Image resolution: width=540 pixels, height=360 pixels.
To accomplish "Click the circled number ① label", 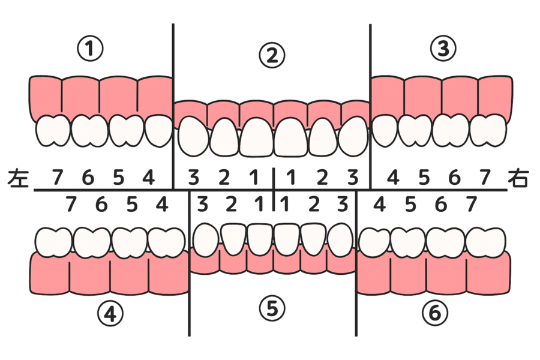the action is (x=90, y=49).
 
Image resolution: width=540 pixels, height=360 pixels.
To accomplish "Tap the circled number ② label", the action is (x=272, y=55).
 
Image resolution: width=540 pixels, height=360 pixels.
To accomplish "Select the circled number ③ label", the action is (x=443, y=48).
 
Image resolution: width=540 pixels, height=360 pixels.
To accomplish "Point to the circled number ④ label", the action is (x=110, y=314).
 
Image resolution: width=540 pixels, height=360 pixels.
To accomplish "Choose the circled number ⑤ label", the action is (x=272, y=308).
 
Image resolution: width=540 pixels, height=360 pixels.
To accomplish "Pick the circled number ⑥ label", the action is (x=435, y=313).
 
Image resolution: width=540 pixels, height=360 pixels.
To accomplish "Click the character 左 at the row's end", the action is (x=18, y=178).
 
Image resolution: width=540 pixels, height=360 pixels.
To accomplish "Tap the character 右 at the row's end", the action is (x=518, y=178).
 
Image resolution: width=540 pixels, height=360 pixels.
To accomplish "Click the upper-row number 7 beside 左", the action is (x=58, y=178).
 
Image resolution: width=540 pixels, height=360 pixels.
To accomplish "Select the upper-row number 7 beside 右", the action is (x=485, y=178).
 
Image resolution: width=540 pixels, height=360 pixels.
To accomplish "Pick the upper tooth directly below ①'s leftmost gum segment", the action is (x=53, y=131).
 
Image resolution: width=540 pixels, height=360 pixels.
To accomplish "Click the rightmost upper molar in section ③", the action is (x=488, y=131).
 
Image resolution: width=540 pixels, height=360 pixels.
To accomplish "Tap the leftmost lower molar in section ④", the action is (x=54, y=242).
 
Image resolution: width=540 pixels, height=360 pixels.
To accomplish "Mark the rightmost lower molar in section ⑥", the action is (x=485, y=242).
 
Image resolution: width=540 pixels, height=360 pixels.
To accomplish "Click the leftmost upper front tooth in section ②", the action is (x=193, y=136).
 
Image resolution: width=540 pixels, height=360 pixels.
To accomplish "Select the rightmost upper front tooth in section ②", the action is (x=353, y=136).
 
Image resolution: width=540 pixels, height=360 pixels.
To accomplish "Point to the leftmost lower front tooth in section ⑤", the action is (x=206, y=240).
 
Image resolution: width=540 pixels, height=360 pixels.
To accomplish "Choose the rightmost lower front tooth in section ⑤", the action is (x=340, y=240).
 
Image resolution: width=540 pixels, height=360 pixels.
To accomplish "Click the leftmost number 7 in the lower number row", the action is (x=71, y=204).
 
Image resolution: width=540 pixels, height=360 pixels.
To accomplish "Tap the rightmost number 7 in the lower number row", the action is (x=472, y=204).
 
